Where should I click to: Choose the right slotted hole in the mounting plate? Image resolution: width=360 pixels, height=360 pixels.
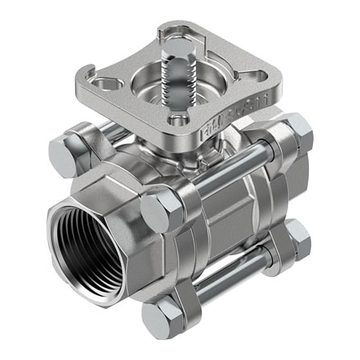[254, 77]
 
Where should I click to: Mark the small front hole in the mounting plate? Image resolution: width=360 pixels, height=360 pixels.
[180, 122]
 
